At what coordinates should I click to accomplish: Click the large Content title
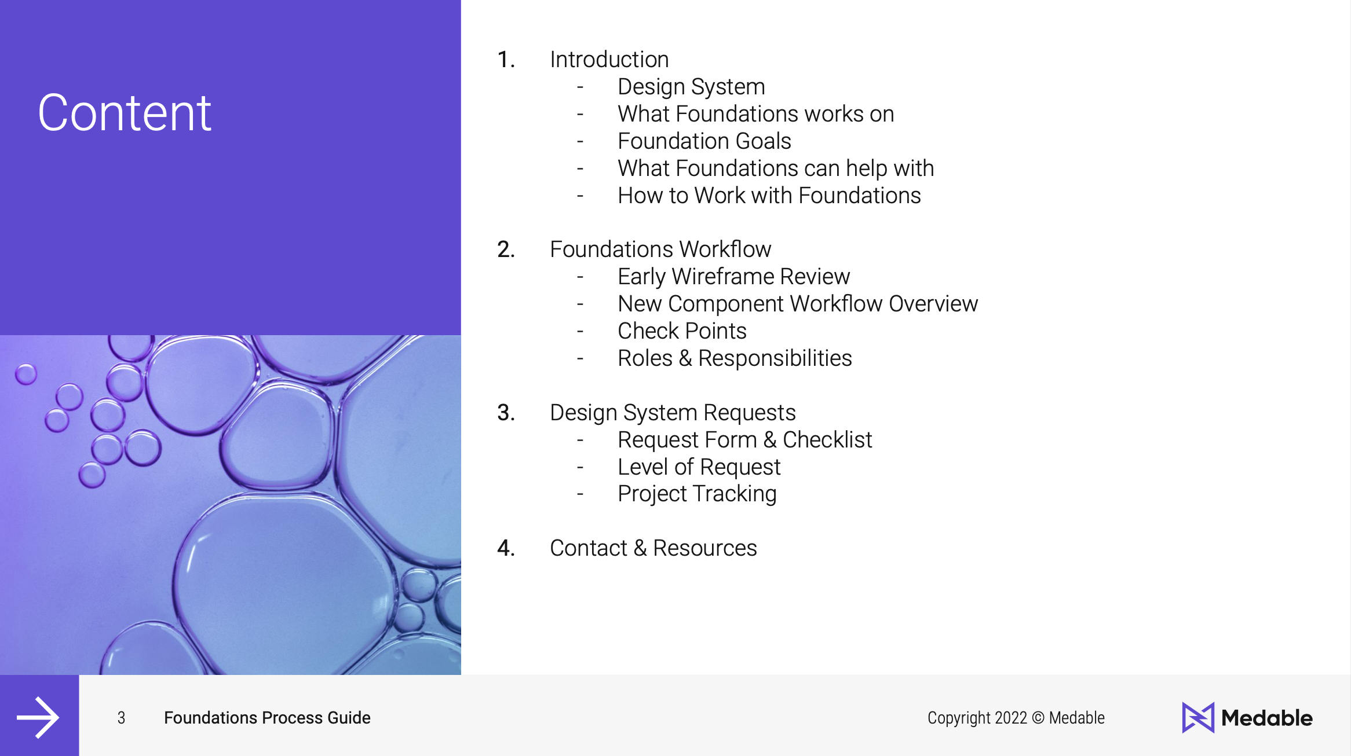click(125, 113)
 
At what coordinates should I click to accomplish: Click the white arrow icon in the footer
click(38, 717)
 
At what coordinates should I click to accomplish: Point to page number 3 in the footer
click(121, 718)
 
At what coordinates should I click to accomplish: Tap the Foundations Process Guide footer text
click(267, 718)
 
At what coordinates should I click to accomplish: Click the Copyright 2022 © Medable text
click(1016, 718)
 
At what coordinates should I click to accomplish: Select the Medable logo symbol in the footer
click(1197, 718)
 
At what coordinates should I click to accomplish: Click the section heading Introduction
click(609, 60)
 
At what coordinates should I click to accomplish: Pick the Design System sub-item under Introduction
click(691, 87)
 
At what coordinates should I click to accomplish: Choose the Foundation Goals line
click(704, 141)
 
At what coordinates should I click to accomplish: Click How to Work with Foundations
click(769, 196)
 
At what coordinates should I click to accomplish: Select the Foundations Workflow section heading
click(660, 249)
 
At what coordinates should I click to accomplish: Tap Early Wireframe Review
click(733, 277)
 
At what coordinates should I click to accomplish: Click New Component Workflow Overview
click(797, 304)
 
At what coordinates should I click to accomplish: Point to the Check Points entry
click(682, 331)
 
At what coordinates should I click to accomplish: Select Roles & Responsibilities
click(735, 358)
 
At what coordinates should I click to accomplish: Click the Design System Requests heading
click(673, 413)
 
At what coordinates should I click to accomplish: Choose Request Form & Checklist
click(744, 440)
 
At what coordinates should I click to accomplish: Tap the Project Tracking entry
click(697, 494)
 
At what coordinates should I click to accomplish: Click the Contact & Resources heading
click(653, 548)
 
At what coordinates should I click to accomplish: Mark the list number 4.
click(506, 548)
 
